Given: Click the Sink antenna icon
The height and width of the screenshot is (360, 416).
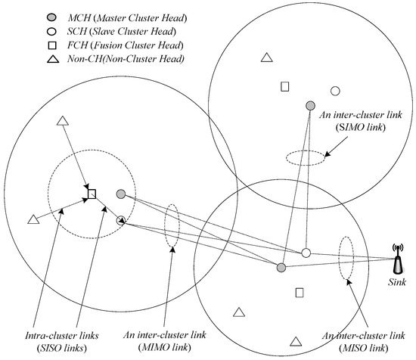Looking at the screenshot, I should tap(396, 259).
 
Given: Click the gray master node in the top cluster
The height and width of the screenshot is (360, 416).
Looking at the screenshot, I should tap(310, 105).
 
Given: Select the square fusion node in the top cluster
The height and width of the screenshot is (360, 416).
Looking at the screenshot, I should tap(285, 86).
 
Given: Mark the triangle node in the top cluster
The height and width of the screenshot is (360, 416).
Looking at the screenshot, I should tap(266, 57).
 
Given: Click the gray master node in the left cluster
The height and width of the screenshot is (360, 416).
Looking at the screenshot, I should tap(120, 194).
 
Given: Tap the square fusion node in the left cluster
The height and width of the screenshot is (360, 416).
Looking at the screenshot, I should tap(92, 194).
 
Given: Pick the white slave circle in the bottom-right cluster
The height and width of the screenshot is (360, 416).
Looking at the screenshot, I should tap(306, 253).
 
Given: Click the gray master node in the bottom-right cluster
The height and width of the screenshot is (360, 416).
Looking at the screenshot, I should tap(281, 268).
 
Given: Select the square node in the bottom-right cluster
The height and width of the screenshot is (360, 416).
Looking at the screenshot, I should tap(300, 292).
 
